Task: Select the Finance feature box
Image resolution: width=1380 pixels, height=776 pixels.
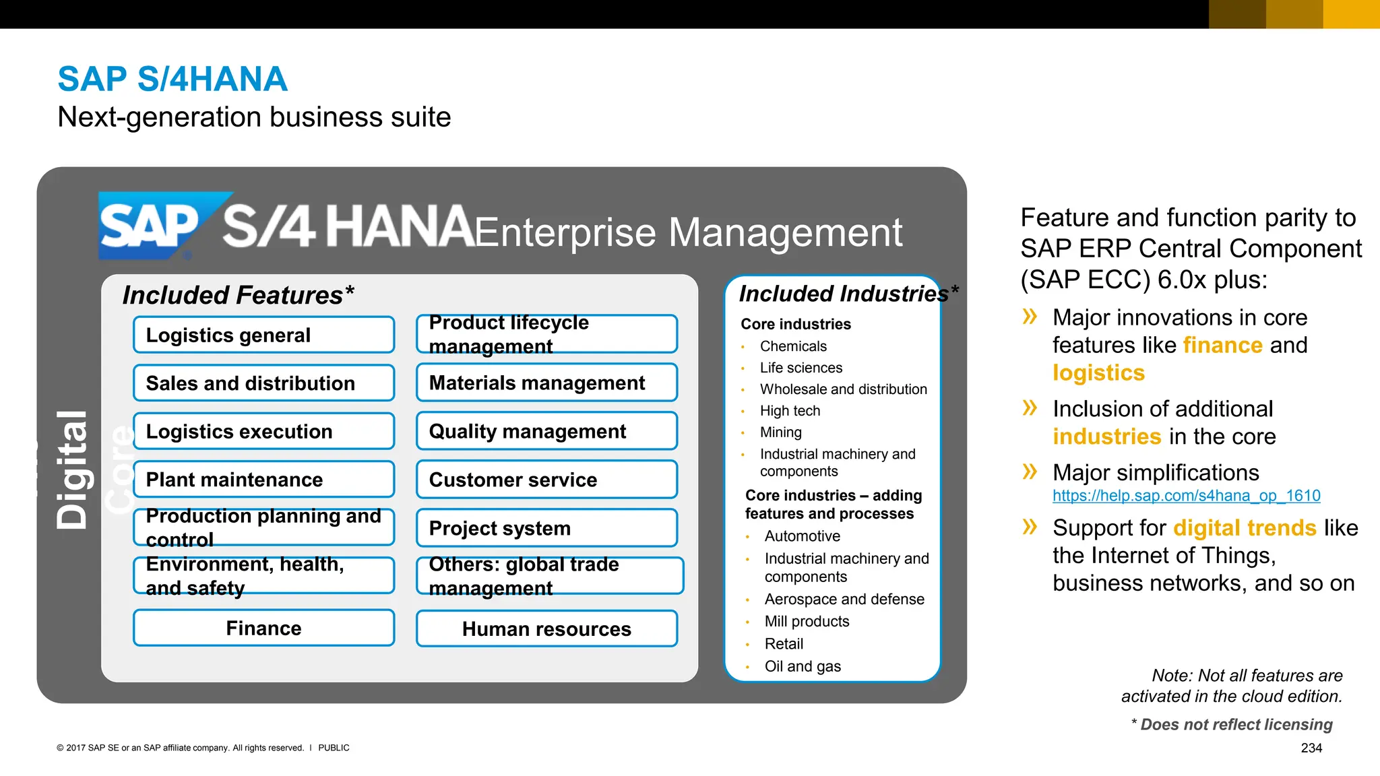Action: tap(263, 628)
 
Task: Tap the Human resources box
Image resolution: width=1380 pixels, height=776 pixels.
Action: tap(546, 628)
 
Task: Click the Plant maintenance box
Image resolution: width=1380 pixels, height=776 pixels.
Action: tap(263, 480)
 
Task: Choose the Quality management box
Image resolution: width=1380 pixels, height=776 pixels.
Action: tap(546, 431)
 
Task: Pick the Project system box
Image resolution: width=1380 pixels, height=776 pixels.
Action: tap(546, 528)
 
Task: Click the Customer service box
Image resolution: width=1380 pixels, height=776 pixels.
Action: tap(546, 480)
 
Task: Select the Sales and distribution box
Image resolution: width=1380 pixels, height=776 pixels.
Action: tap(263, 383)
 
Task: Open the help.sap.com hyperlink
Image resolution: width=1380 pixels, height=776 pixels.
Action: tap(1186, 496)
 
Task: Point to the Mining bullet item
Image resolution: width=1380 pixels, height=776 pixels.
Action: tap(780, 432)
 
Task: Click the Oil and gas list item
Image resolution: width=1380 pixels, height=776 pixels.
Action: tap(802, 666)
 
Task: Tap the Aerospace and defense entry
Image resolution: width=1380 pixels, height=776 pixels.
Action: tap(844, 599)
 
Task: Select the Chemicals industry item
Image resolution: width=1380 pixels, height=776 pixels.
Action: tap(792, 346)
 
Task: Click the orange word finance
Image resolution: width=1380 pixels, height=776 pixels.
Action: tap(1222, 345)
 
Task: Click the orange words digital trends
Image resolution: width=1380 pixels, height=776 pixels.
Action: tap(1245, 527)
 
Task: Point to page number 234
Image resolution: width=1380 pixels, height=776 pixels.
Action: tap(1311, 748)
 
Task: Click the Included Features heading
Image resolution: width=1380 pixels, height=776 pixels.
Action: tap(238, 295)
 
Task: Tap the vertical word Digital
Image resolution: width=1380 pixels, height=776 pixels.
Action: tap(72, 470)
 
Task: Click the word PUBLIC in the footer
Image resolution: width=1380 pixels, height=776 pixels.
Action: tap(334, 748)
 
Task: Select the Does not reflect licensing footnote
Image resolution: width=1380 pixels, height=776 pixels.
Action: tap(1235, 724)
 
